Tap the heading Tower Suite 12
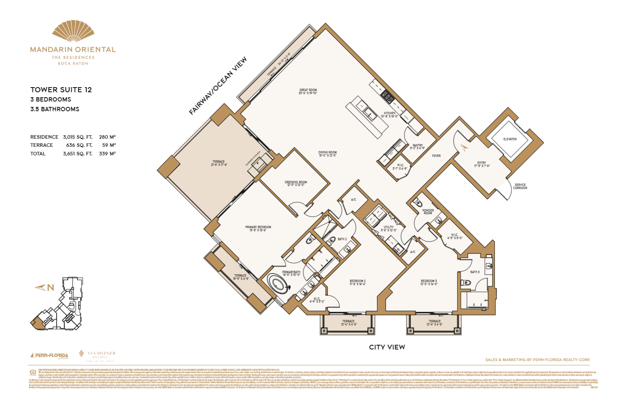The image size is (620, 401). click(x=61, y=90)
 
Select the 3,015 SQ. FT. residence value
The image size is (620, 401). click(x=77, y=137)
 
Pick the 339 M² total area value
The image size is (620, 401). click(x=107, y=154)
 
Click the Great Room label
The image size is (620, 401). click(x=308, y=92)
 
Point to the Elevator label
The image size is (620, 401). click(x=510, y=139)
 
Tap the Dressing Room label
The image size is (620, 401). click(x=296, y=183)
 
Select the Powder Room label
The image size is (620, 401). click(x=428, y=211)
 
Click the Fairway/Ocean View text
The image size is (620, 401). click(x=218, y=86)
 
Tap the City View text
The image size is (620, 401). click(x=387, y=347)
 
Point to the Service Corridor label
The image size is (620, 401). click(x=520, y=186)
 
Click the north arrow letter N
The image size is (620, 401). click(x=50, y=288)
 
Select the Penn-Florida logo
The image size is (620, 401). click(x=49, y=355)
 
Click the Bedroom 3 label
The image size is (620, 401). click(x=429, y=282)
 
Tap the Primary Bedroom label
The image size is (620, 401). click(x=258, y=228)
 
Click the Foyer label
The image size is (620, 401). click(x=436, y=156)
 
